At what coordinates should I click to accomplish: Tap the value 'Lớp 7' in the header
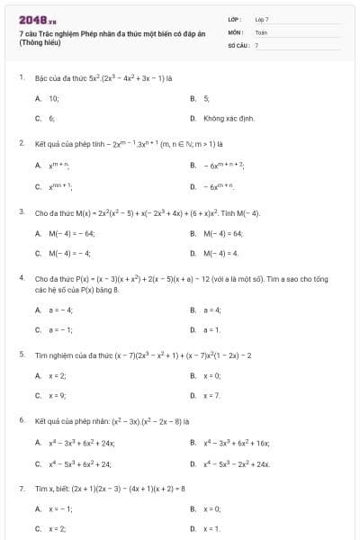point(262,19)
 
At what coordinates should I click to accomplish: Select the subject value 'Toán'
point(261,31)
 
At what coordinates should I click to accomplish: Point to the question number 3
point(21,212)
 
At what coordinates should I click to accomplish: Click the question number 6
point(21,420)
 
